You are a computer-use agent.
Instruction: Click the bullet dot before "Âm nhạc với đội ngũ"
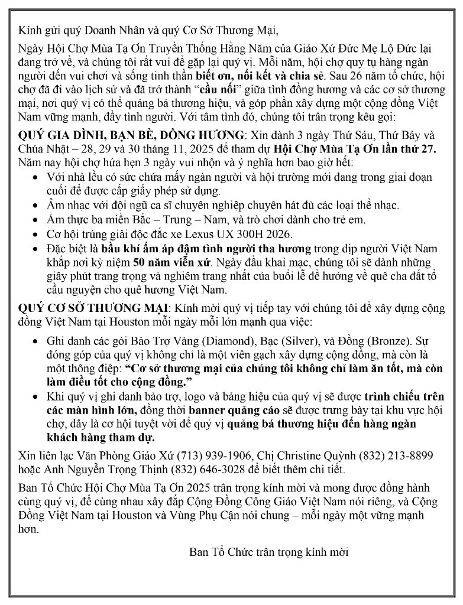(x=38, y=206)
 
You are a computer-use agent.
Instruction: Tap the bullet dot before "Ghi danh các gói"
(x=38, y=342)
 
